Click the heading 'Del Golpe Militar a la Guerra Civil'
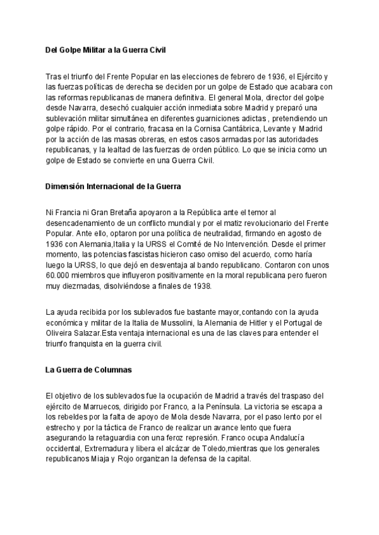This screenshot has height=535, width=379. pyautogui.click(x=109, y=49)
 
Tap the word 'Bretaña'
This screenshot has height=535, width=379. pyautogui.click(x=128, y=213)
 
